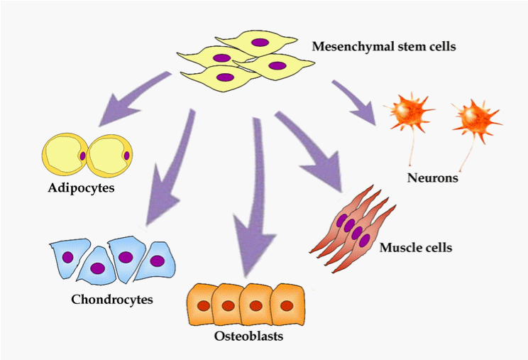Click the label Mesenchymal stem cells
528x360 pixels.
384,48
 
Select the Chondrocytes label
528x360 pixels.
112,299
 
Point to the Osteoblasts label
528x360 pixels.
248,335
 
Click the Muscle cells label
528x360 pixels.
416,248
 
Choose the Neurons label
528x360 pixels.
432,178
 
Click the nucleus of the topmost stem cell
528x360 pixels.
260,43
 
